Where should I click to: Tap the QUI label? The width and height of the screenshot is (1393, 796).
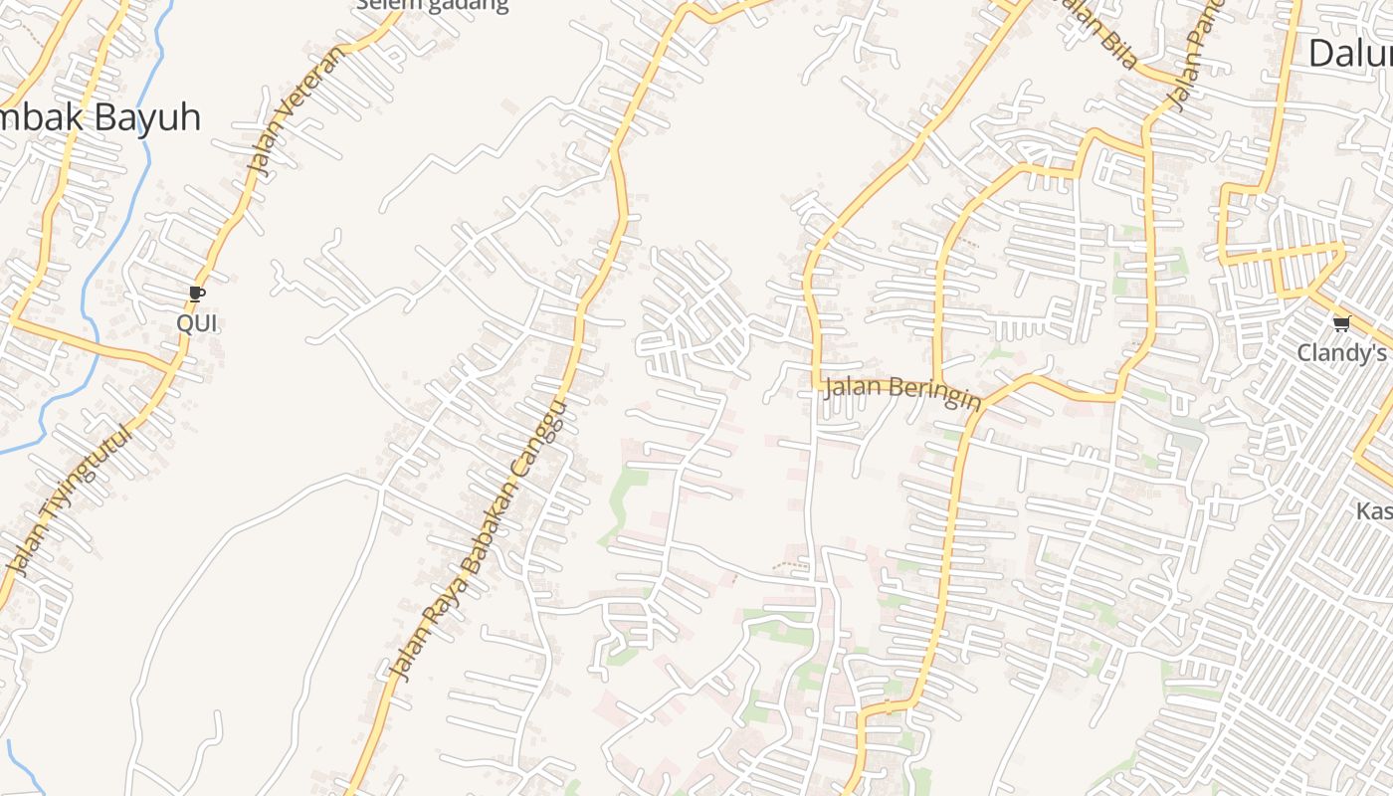(196, 323)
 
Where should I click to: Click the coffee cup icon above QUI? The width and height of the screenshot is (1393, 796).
(196, 294)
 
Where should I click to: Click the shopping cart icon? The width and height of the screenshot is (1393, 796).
(1341, 322)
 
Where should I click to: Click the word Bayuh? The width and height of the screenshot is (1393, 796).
(148, 117)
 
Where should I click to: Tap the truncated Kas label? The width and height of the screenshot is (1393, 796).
(1374, 511)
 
